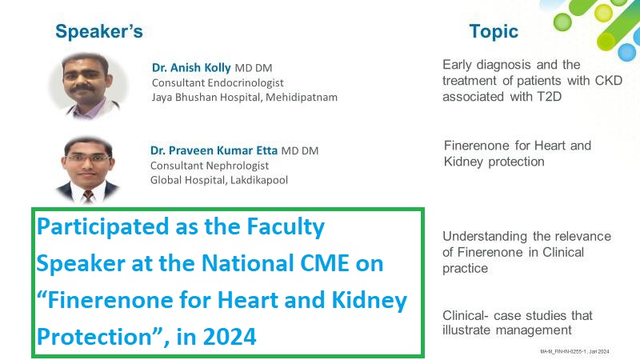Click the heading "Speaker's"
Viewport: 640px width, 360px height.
point(99,31)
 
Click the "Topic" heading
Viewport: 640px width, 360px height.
point(494,31)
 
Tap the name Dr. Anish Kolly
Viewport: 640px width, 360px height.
point(191,67)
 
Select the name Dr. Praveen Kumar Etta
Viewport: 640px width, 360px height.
point(214,150)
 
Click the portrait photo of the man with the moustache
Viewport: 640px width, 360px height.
point(88,86)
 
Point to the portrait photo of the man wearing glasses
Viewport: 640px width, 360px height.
point(88,170)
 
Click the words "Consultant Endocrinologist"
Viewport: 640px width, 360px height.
point(218,83)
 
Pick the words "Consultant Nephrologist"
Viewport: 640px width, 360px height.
point(210,166)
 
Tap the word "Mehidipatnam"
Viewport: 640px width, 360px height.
point(302,98)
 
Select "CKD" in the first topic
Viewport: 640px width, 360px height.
point(609,81)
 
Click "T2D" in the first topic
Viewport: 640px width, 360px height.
point(549,97)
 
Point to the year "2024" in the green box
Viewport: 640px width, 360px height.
point(230,337)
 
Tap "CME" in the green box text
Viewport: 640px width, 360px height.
point(325,263)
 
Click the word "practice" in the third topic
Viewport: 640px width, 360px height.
point(466,269)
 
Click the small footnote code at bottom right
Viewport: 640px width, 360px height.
point(574,351)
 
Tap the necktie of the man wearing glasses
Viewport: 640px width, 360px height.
point(88,197)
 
